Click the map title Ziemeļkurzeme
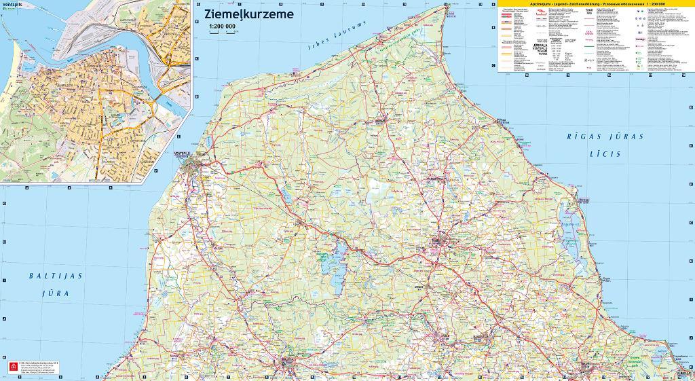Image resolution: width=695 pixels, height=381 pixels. [x=244, y=14]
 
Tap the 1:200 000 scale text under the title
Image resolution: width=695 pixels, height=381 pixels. [x=222, y=26]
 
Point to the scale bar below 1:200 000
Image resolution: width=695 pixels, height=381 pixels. [x=221, y=33]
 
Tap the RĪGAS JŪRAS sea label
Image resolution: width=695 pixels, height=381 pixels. [x=605, y=137]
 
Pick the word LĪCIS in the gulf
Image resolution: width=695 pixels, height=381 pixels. [x=605, y=154]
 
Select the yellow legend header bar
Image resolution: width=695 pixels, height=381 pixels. [x=590, y=4]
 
